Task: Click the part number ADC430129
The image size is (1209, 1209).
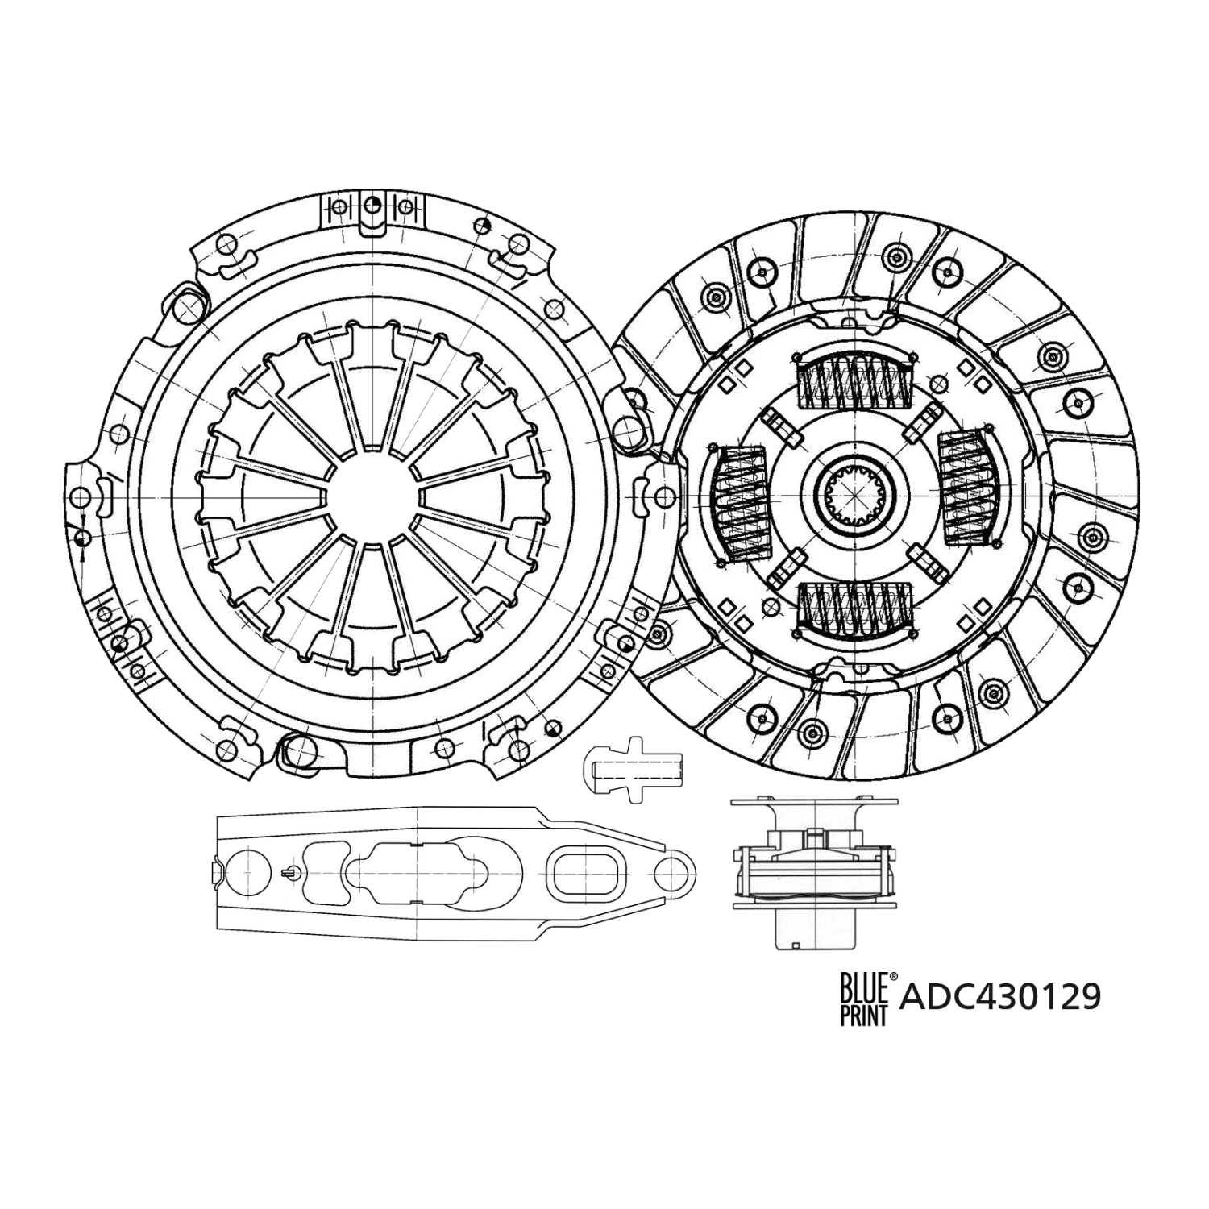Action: point(999,997)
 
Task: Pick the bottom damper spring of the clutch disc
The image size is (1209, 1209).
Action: point(854,606)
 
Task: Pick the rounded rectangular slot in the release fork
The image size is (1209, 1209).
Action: point(587,871)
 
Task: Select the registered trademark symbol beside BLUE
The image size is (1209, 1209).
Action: point(892,977)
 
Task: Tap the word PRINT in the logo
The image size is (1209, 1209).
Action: point(863,1013)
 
